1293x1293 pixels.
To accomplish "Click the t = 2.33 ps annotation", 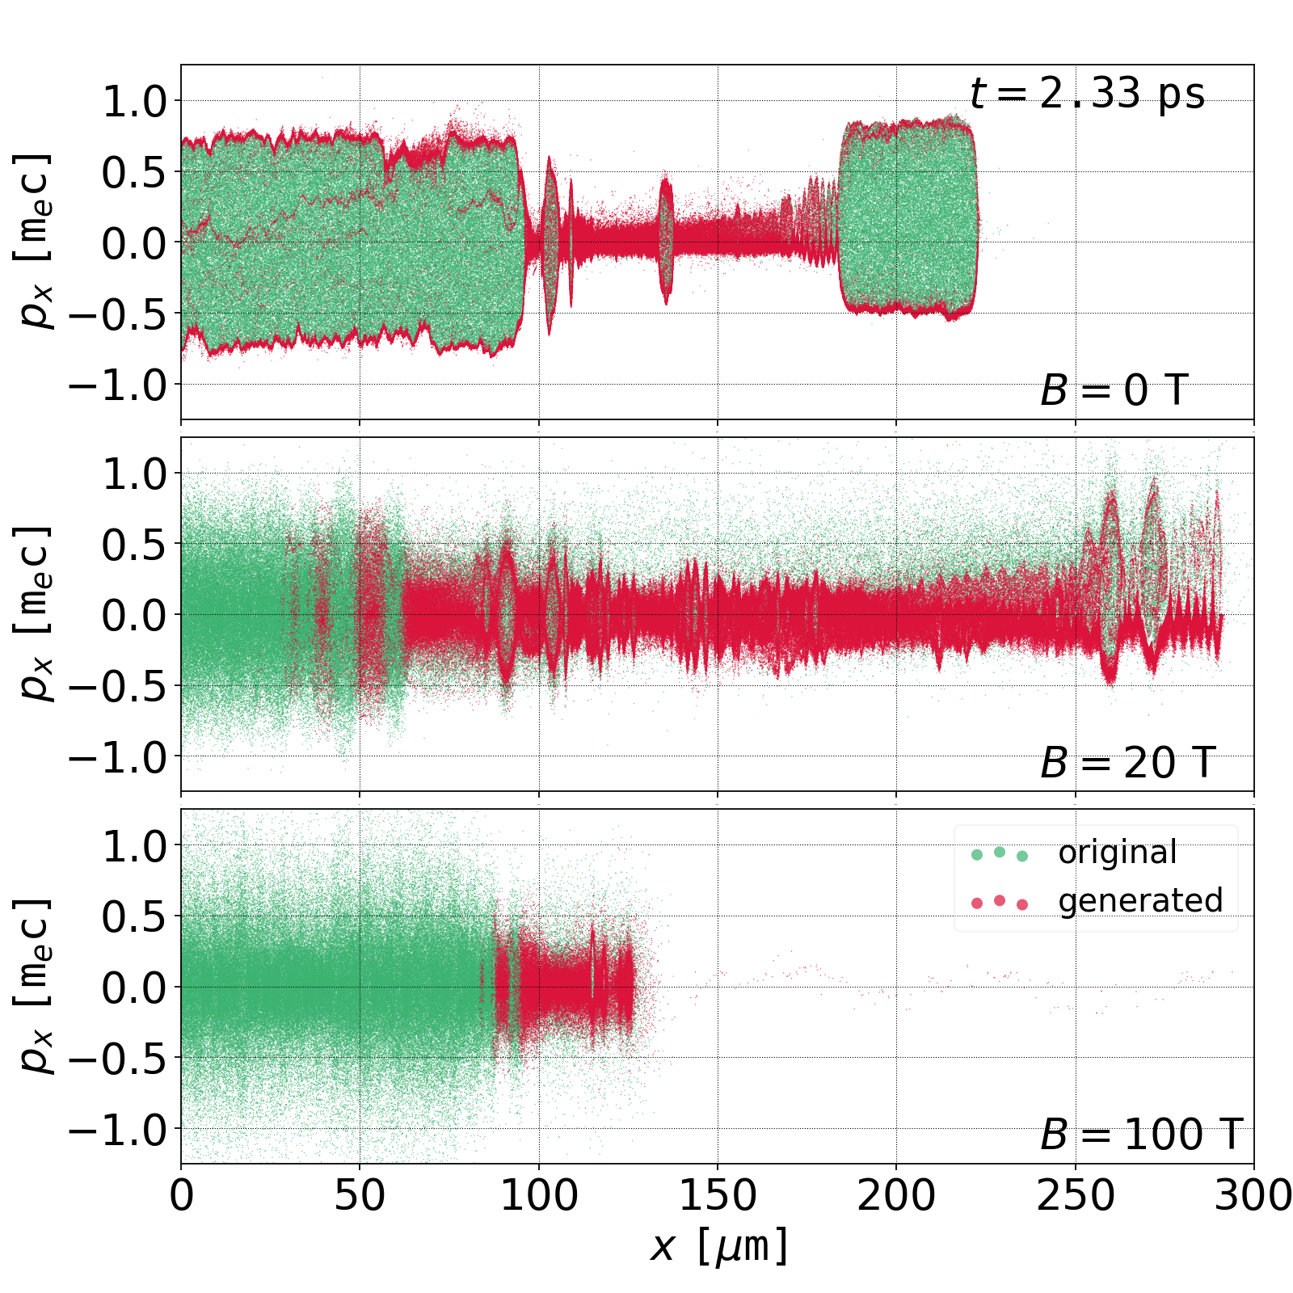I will tap(1087, 94).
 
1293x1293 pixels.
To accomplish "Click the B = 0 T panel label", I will tap(1114, 391).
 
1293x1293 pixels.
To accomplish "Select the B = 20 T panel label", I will tap(1127, 763).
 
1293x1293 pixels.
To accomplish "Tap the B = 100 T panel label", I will tap(1140, 1135).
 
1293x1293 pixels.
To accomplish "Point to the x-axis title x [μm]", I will tap(718, 1245).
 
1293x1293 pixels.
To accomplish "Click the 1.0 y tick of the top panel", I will tap(133, 102).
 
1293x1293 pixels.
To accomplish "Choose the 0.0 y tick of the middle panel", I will tap(133, 615).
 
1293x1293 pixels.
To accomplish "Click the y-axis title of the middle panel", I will tap(34, 614).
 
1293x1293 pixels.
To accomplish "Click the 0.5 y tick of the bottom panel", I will tap(133, 916).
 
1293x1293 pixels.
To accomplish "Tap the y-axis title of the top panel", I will tap(34, 242).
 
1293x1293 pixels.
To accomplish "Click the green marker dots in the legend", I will tap(1000, 853).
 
